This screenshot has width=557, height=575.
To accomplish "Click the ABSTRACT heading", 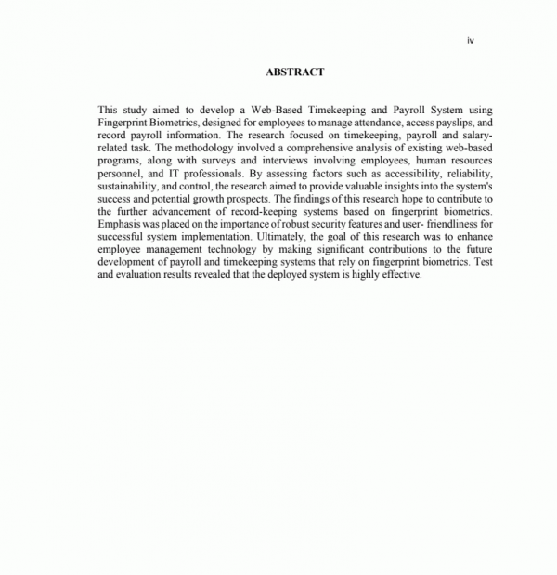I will (x=294, y=71).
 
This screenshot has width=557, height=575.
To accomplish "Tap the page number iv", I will (x=471, y=40).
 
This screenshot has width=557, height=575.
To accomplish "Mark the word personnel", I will (x=119, y=173).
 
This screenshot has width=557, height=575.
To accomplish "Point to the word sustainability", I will (x=128, y=186).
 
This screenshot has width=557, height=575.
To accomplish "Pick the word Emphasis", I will (x=119, y=225).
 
